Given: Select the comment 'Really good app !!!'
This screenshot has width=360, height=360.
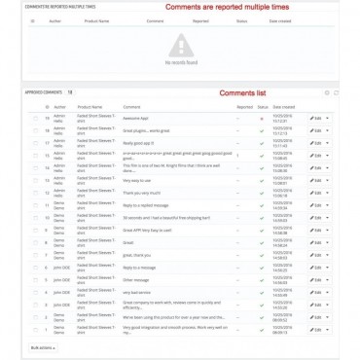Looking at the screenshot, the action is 139,143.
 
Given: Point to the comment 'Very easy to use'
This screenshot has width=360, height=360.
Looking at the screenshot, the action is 138,181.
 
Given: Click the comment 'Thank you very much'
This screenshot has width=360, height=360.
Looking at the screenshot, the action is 141,193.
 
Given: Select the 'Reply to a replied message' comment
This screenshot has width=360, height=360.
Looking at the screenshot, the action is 146,205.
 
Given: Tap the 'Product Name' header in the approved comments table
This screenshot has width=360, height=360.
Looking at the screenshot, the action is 90,106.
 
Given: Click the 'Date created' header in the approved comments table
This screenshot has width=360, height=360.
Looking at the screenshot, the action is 283,106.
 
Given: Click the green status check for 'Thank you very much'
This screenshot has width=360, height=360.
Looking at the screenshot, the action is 262,193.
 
